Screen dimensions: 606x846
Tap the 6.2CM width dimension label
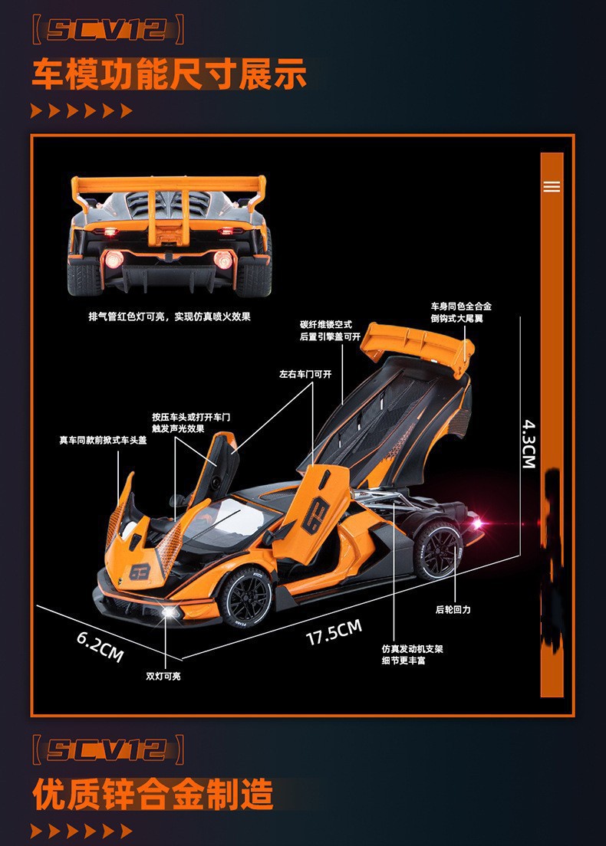pyautogui.click(x=100, y=645)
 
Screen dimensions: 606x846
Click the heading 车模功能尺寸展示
pyautogui.click(x=170, y=75)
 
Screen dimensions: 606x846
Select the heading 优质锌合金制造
pyautogui.click(x=153, y=794)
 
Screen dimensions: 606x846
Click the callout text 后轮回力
pyautogui.click(x=453, y=609)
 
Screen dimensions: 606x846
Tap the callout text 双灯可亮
pyautogui.click(x=163, y=676)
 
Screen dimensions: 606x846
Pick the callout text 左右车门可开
pyautogui.click(x=305, y=375)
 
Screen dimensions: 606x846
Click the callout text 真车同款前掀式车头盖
pyautogui.click(x=103, y=440)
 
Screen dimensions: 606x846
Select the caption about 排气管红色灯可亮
pyautogui.click(x=170, y=316)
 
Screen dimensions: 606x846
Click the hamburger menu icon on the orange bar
pyautogui.click(x=552, y=186)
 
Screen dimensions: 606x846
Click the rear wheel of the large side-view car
pyautogui.click(x=437, y=549)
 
